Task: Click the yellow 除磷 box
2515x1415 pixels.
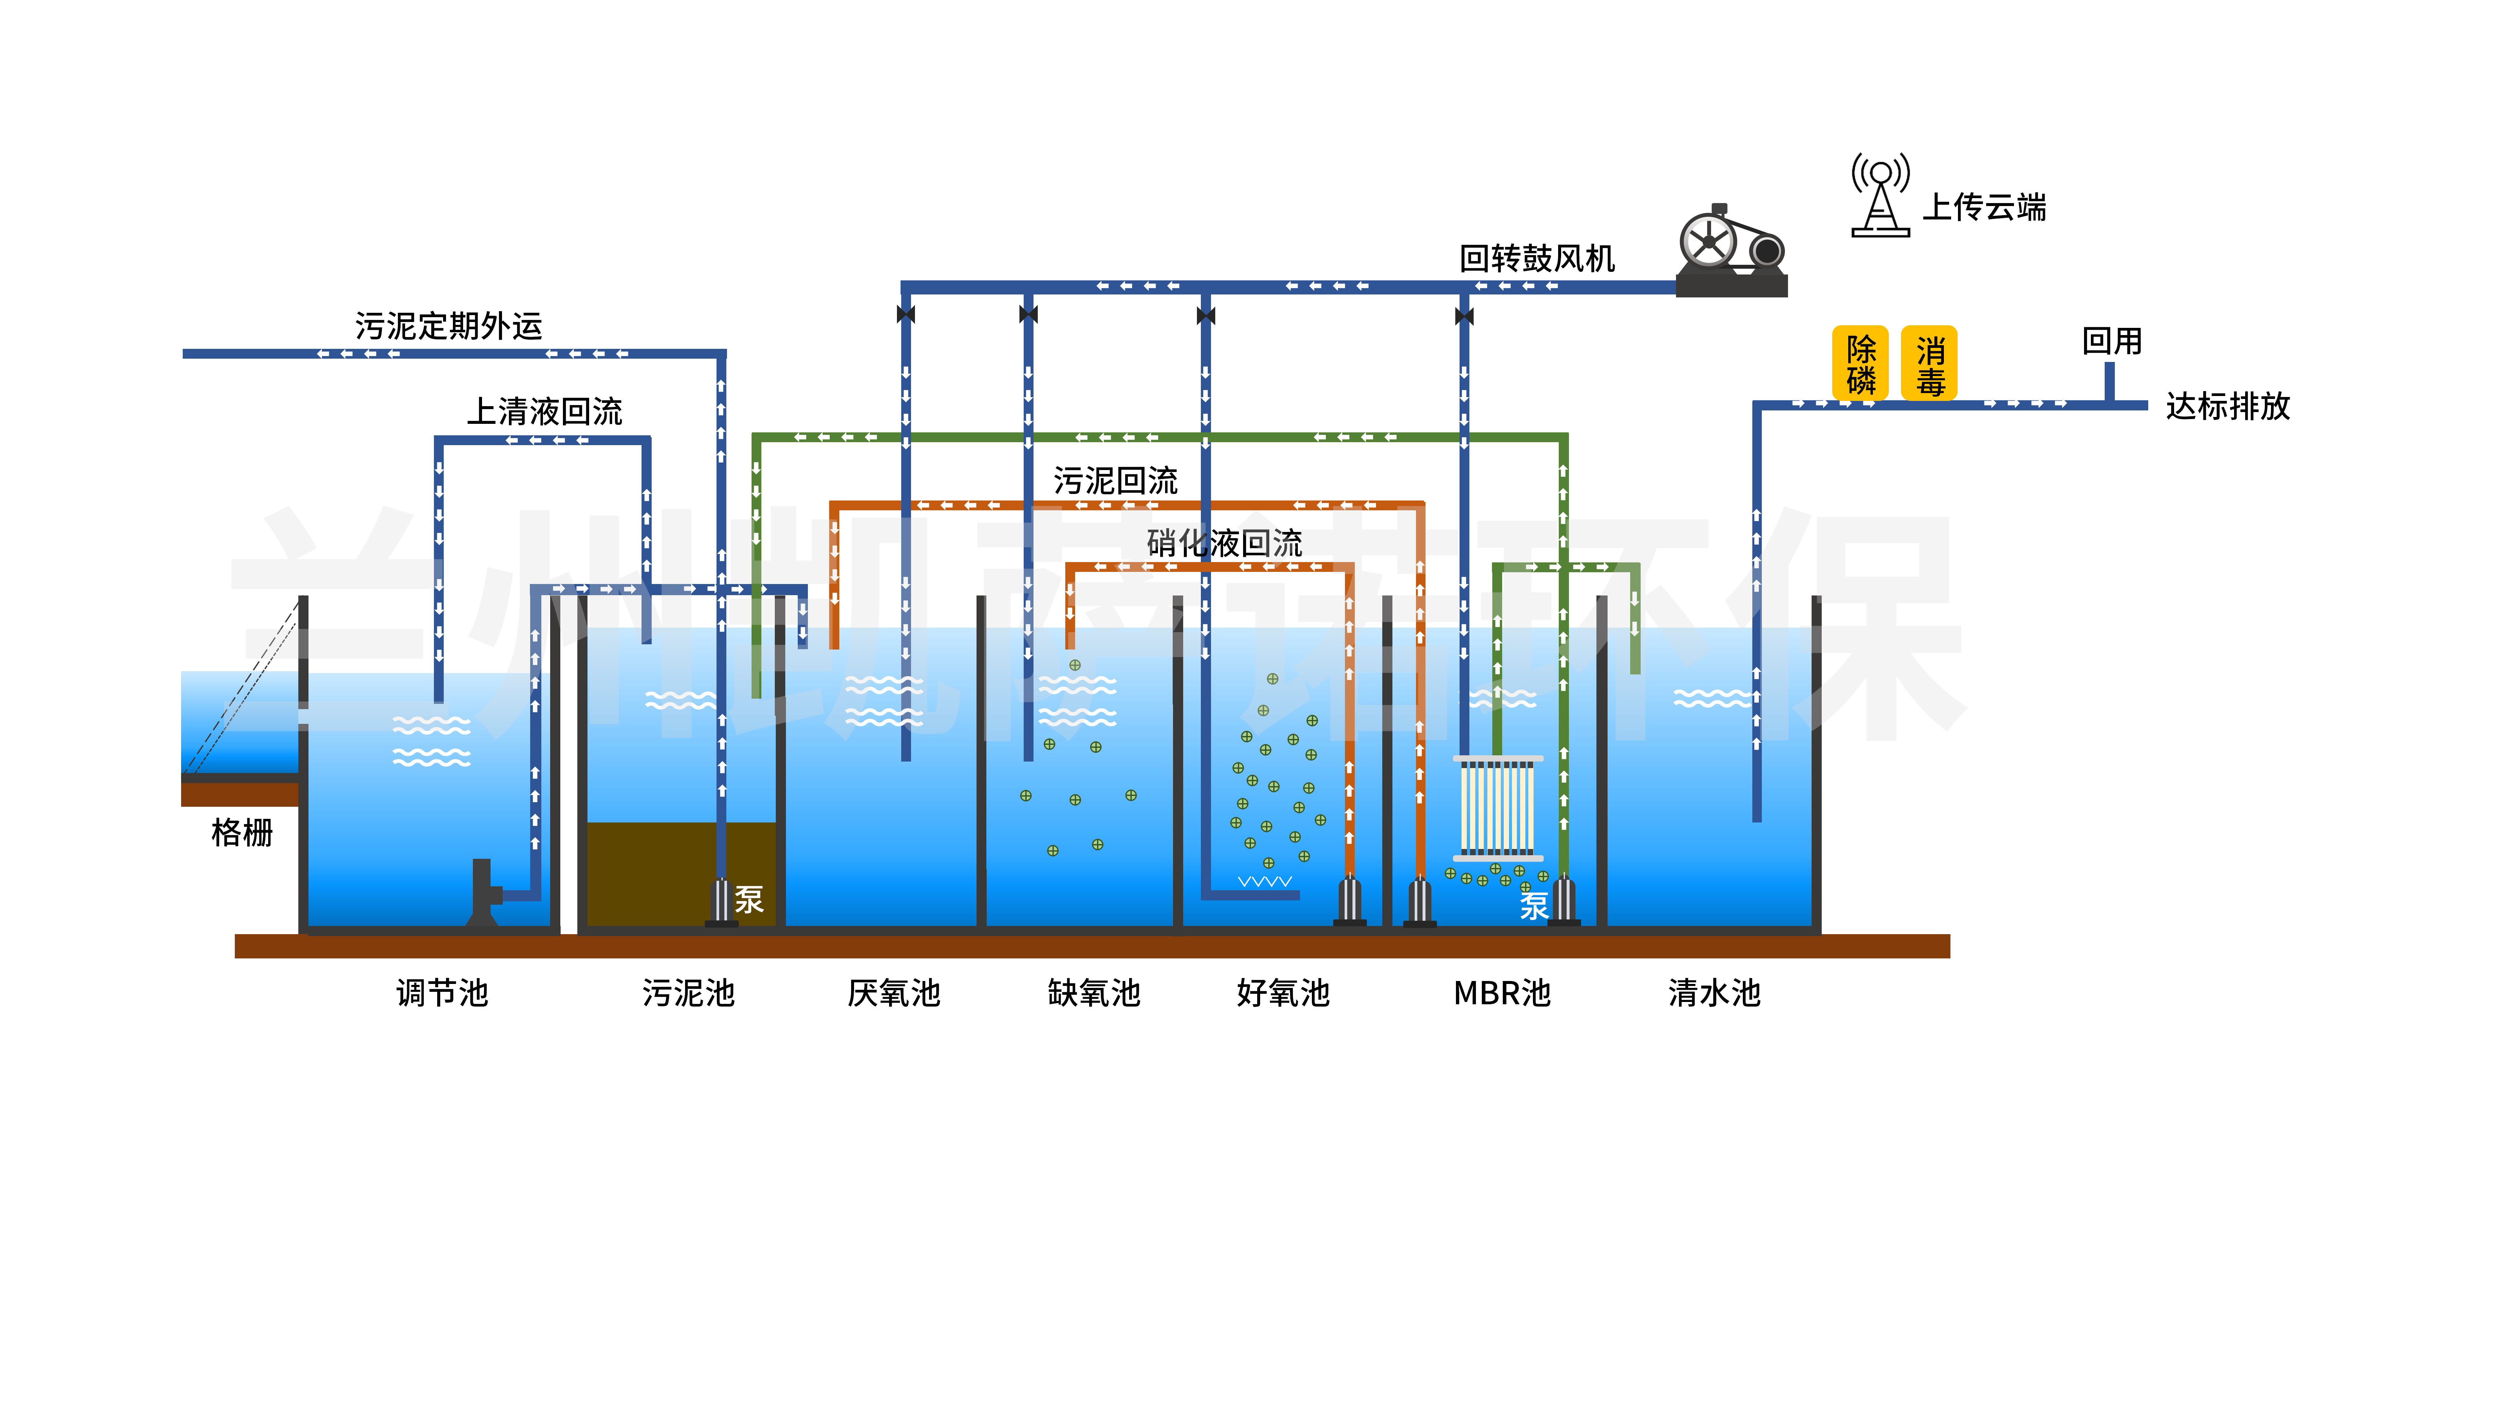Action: point(1860,363)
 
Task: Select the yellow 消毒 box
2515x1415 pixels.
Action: point(1929,363)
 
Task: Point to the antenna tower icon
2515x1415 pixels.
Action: point(1880,195)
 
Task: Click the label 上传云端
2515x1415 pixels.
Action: point(1984,207)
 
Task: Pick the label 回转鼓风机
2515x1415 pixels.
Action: point(1537,259)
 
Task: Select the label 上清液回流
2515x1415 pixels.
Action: point(545,411)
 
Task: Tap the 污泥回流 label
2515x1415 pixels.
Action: point(1115,481)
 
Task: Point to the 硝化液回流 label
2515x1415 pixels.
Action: point(1224,543)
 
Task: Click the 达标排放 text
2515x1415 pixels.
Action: point(2227,406)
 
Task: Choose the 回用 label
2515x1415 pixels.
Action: point(2112,341)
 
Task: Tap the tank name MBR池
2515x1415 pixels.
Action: point(1501,993)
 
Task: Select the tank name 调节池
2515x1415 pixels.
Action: point(442,993)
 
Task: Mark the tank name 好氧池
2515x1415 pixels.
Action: point(1283,993)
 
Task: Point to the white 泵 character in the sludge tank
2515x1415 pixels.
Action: point(749,899)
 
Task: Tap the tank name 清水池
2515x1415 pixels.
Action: point(1714,993)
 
